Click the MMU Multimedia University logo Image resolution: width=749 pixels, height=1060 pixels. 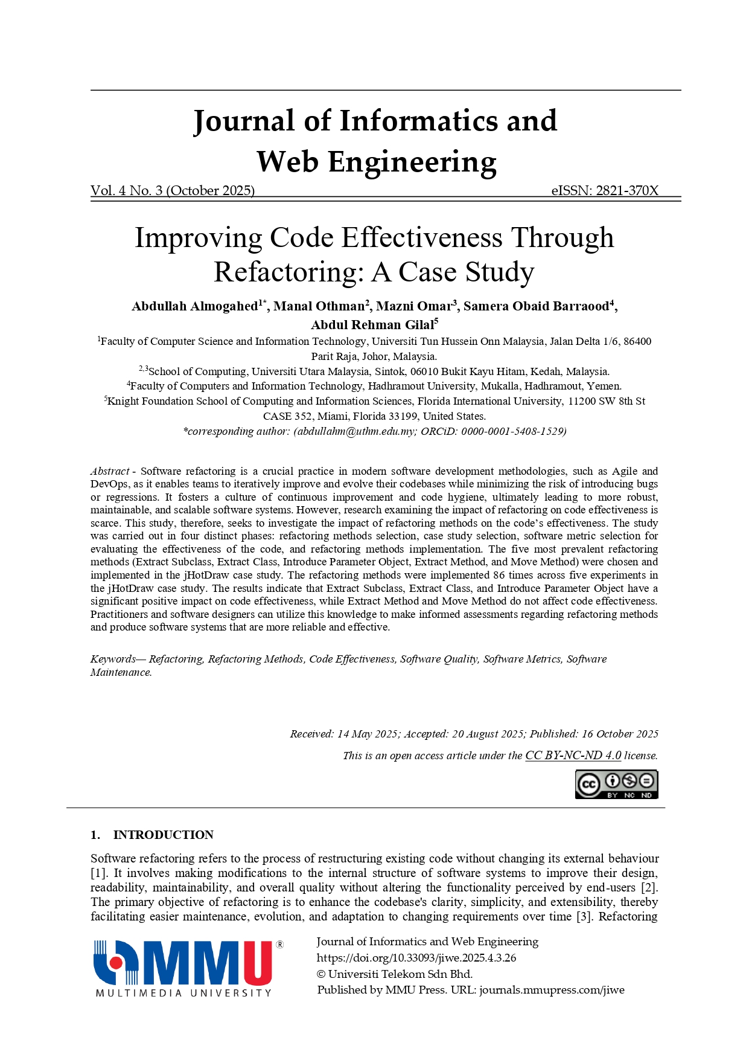188,968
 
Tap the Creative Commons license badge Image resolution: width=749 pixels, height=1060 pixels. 616,785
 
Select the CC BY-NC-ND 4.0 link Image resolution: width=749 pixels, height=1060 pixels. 573,756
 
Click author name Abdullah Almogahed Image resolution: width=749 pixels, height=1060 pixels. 195,306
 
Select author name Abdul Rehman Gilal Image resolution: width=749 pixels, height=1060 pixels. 372,325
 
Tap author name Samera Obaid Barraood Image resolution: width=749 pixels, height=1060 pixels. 536,306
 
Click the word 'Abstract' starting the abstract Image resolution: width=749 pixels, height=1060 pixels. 110,471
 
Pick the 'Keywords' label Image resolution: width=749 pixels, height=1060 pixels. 113,659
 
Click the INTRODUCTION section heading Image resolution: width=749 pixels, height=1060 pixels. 163,835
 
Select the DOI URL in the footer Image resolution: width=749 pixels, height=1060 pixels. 416,958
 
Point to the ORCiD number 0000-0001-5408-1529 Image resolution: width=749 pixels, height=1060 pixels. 512,431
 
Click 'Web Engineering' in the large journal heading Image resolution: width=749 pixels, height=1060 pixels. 376,162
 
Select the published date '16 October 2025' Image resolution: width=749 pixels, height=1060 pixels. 620,734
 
